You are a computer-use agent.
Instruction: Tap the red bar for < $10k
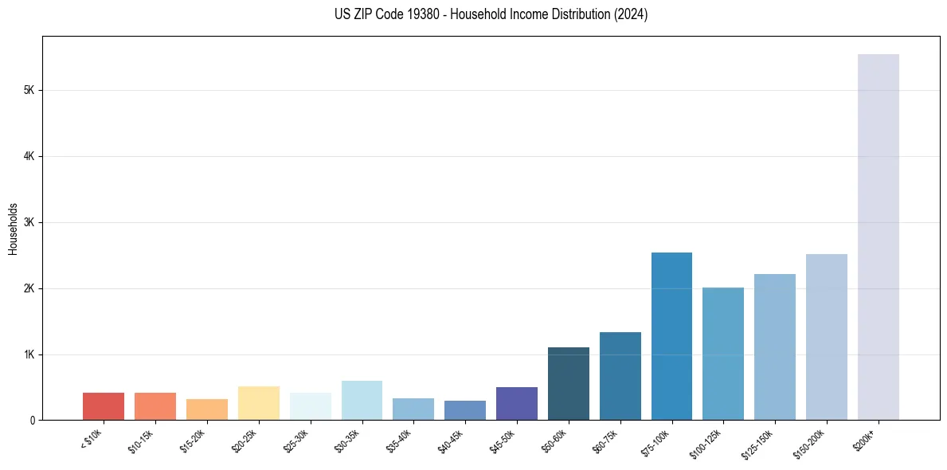tap(104, 406)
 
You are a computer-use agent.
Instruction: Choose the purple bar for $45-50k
tap(517, 404)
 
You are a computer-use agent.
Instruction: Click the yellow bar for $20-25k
tap(259, 403)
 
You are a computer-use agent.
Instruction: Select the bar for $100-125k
tap(723, 354)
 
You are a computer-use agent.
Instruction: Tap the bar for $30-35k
tap(362, 401)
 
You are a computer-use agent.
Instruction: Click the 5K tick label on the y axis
tap(29, 91)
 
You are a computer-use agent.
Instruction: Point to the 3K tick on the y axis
tap(29, 222)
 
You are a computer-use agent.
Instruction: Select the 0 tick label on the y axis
tap(33, 421)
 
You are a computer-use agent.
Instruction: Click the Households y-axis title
tap(13, 229)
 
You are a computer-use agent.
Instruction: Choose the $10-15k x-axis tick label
tap(141, 439)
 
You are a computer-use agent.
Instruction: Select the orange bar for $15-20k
tap(207, 409)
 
